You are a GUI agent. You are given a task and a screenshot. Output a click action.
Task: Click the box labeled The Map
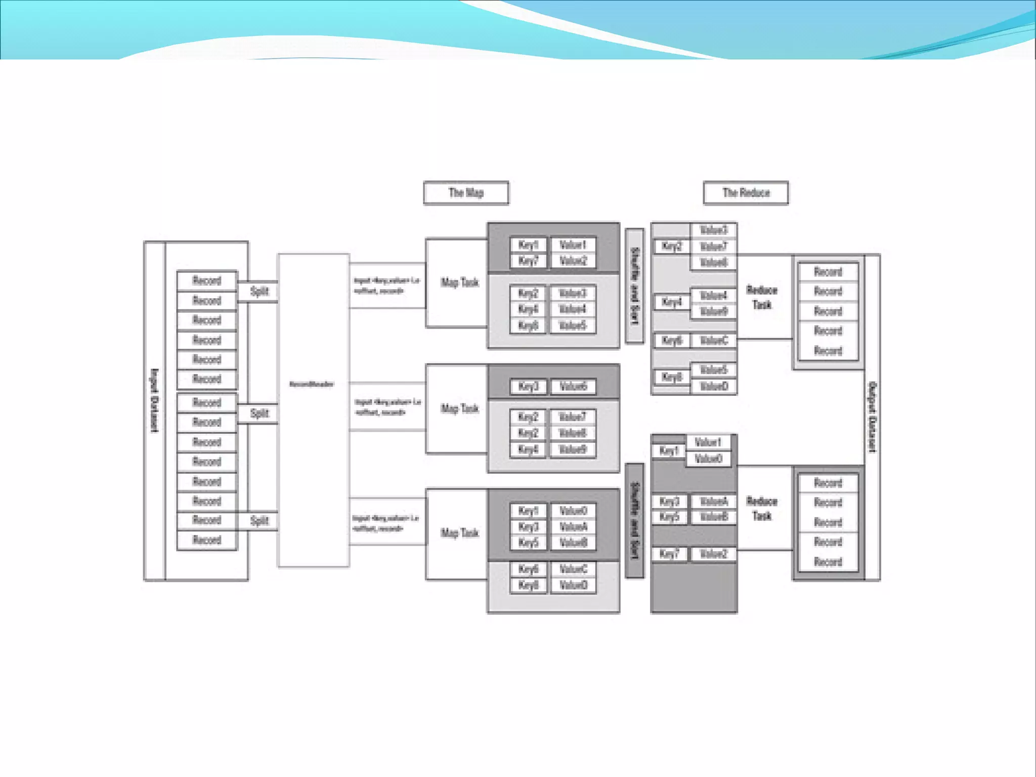pyautogui.click(x=466, y=193)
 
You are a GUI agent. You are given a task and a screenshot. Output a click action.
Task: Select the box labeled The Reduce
pyautogui.click(x=746, y=193)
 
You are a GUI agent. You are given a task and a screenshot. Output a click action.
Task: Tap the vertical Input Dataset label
pyautogui.click(x=155, y=400)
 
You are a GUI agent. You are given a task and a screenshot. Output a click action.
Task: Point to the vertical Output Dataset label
pyautogui.click(x=872, y=417)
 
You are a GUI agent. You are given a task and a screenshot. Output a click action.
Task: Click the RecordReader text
pyautogui.click(x=312, y=384)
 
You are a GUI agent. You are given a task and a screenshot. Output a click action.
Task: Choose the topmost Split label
pyautogui.click(x=260, y=292)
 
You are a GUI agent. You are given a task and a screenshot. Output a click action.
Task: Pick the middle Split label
pyautogui.click(x=260, y=413)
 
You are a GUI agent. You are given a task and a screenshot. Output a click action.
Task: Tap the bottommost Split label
pyautogui.click(x=260, y=520)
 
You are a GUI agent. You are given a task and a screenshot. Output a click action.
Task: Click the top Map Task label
pyautogui.click(x=459, y=282)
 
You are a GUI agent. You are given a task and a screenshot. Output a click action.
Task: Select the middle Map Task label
pyautogui.click(x=459, y=408)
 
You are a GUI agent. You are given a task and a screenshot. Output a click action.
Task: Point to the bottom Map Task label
pyautogui.click(x=459, y=533)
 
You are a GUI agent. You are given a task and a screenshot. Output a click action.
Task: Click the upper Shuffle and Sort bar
pyautogui.click(x=635, y=286)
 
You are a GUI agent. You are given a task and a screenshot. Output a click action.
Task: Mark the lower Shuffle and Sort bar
pyautogui.click(x=635, y=520)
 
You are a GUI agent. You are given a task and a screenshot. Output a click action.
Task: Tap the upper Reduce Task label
pyautogui.click(x=762, y=297)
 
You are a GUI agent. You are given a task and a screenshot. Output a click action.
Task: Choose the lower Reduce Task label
pyautogui.click(x=762, y=508)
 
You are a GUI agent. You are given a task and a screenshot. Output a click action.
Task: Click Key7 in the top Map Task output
pyautogui.click(x=528, y=261)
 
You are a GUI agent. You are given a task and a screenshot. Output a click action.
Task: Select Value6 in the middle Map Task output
pyautogui.click(x=573, y=387)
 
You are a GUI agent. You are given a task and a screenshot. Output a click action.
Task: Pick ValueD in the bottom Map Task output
pyautogui.click(x=573, y=586)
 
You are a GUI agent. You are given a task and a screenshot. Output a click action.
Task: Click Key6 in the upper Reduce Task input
pyautogui.click(x=672, y=341)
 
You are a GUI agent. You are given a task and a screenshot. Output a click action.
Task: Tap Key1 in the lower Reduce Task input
pyautogui.click(x=668, y=451)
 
